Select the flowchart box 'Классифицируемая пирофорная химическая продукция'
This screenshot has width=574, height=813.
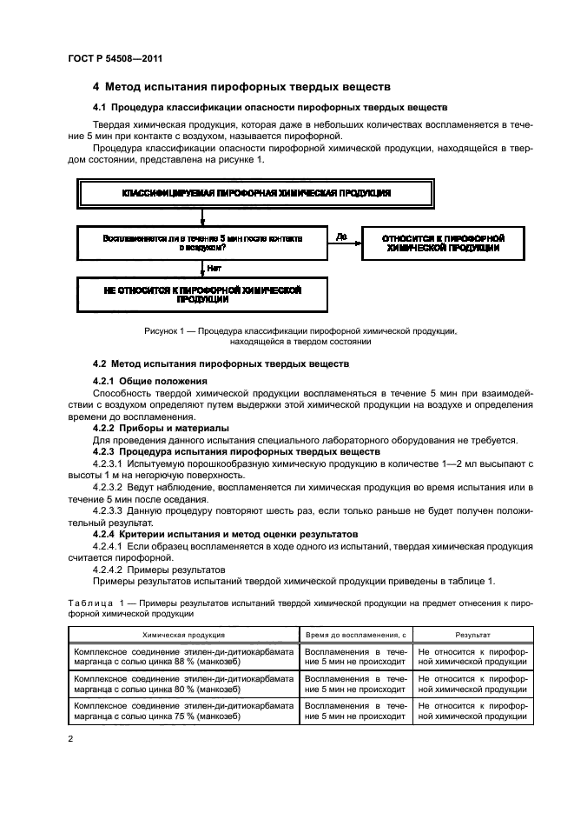click(255, 192)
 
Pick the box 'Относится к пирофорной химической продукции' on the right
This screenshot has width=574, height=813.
click(442, 242)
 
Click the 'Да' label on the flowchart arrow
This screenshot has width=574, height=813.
click(340, 235)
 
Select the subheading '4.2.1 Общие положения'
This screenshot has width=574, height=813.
click(149, 381)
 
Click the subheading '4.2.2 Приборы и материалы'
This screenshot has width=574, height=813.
click(161, 428)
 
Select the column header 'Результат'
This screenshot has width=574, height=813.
click(473, 636)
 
